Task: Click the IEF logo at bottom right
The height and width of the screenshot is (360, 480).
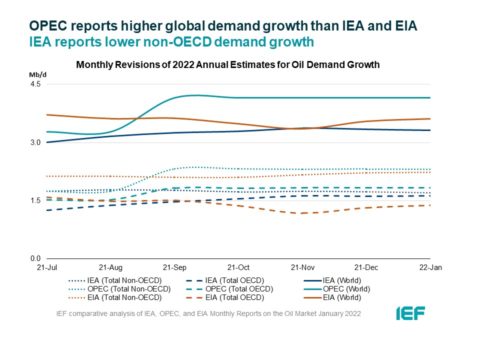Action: pos(410,313)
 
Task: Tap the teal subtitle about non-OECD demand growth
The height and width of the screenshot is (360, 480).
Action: pos(171,42)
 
